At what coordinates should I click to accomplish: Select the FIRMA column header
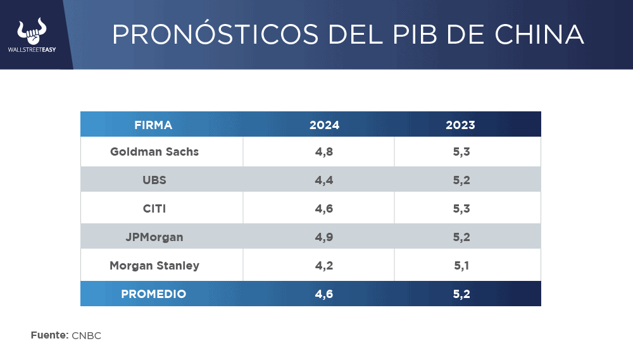pos(153,125)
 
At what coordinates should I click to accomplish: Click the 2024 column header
pos(324,125)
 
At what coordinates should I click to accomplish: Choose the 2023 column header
pos(460,125)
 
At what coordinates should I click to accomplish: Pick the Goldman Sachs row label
pos(154,152)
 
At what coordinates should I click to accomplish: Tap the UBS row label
pos(154,180)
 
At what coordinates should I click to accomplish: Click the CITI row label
pos(154,209)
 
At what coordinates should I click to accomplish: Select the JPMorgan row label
pos(154,237)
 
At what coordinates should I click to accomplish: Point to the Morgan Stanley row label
pos(154,266)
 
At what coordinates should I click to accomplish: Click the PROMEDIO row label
pos(154,294)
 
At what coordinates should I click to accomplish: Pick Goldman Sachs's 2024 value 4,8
pos(324,152)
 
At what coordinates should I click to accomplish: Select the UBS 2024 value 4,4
pos(324,180)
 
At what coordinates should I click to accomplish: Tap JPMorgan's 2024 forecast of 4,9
pos(324,237)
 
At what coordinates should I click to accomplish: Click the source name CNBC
pos(86,335)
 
